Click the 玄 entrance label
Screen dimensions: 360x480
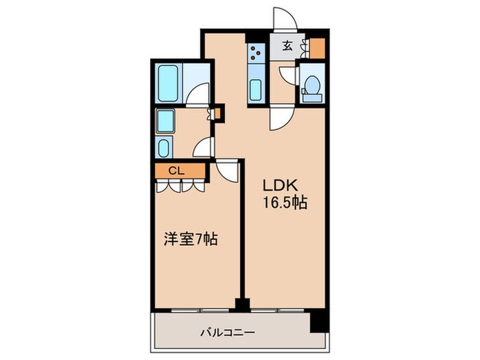pos(287,47)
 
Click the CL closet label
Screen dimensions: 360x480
pos(176,171)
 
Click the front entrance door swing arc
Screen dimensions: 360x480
pos(283,19)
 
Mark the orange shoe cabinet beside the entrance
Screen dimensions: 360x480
pos(317,47)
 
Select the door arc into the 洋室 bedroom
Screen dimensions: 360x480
pos(226,171)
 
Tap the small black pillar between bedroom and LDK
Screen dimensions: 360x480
pos(241,304)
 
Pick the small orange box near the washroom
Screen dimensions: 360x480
pos(219,112)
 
